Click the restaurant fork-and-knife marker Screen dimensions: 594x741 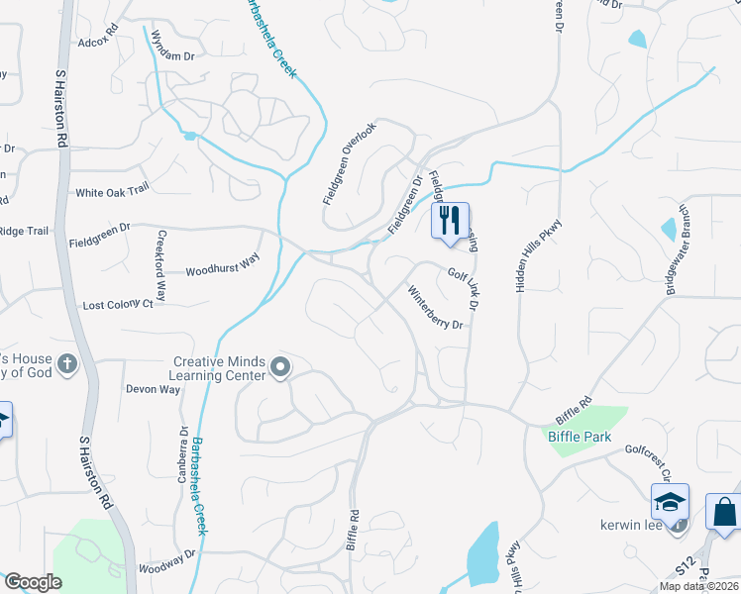click(x=451, y=220)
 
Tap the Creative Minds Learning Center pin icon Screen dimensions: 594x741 click(x=280, y=369)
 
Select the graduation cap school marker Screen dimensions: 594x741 click(x=670, y=501)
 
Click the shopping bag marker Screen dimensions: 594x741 click(x=724, y=512)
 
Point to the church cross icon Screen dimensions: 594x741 click(x=67, y=364)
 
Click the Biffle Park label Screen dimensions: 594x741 click(x=580, y=437)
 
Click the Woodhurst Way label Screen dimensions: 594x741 click(x=222, y=263)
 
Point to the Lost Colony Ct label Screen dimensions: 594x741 click(x=118, y=305)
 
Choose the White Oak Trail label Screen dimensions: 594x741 click(x=111, y=192)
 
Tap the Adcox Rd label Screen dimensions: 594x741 click(x=97, y=43)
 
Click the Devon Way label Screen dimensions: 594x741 click(x=153, y=389)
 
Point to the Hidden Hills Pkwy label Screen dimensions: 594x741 click(x=524, y=254)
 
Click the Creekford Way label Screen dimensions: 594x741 click(x=162, y=267)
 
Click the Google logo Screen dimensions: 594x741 click(x=33, y=582)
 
